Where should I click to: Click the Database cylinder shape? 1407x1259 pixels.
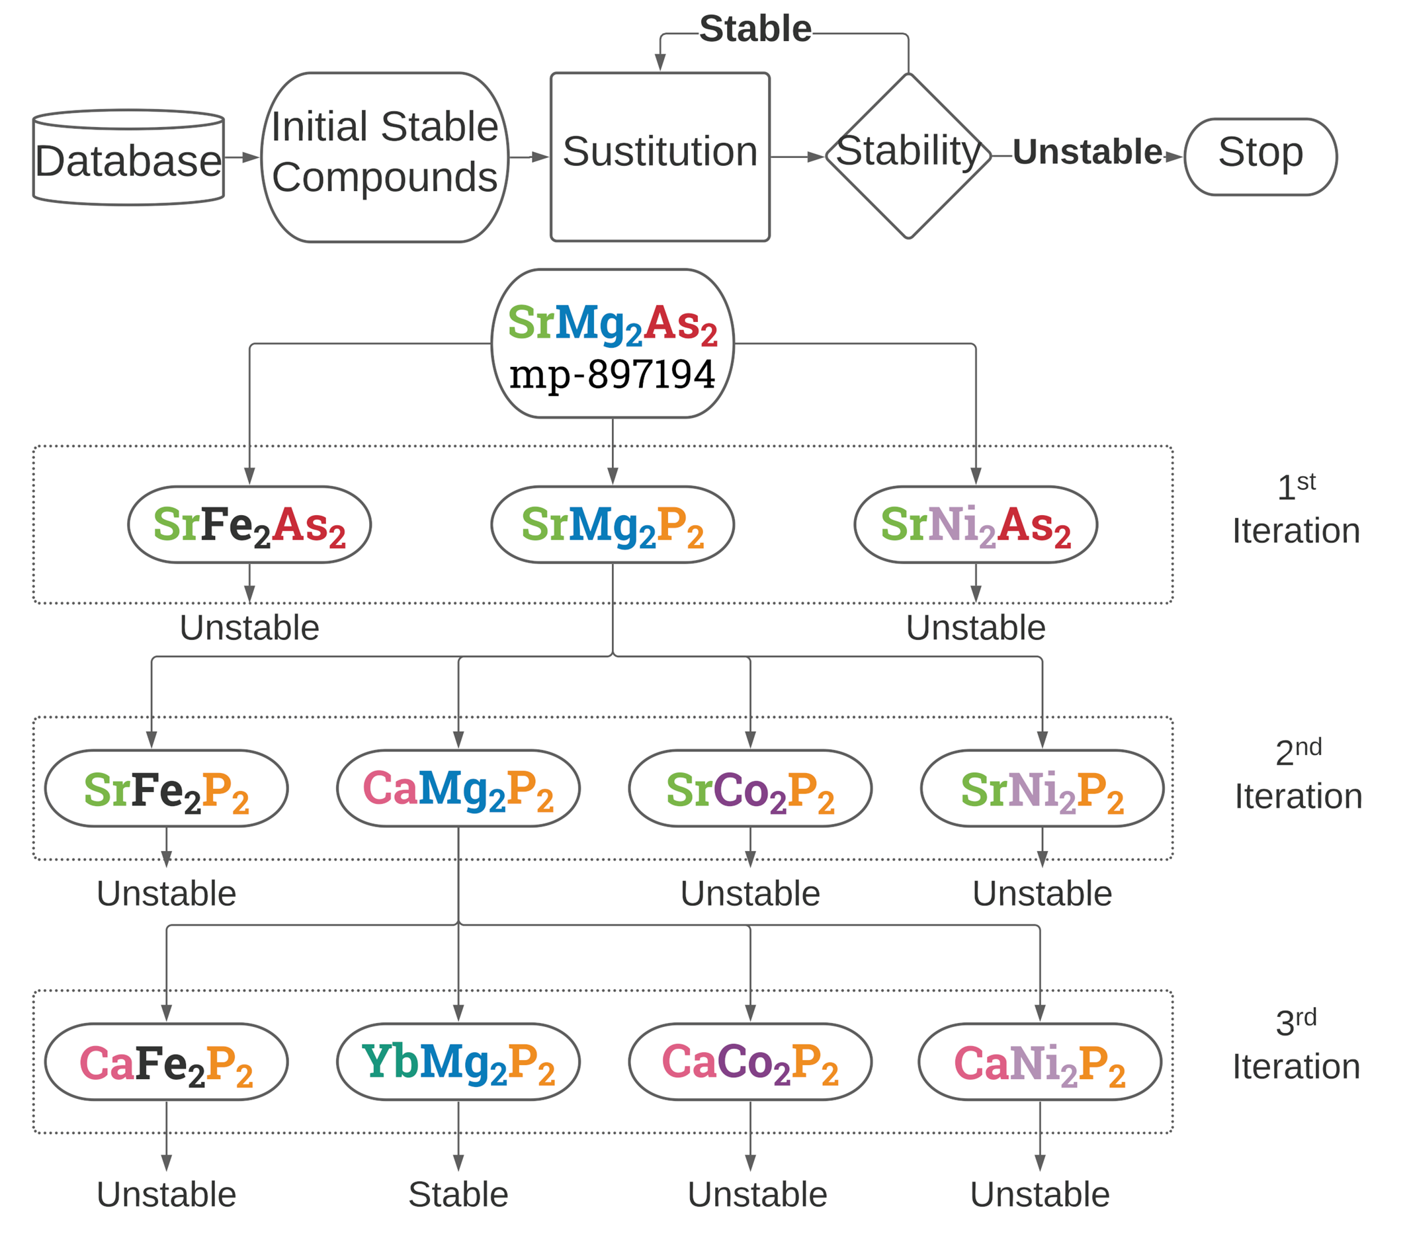(x=128, y=159)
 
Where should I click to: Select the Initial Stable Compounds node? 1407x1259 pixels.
(x=384, y=158)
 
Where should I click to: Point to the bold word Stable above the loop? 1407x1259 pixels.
(x=755, y=29)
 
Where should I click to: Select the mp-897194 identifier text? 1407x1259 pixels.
(x=612, y=375)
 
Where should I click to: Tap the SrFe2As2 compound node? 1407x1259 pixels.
(x=249, y=525)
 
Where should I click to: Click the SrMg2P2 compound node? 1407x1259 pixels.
(x=612, y=525)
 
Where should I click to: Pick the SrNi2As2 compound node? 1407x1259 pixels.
(x=975, y=525)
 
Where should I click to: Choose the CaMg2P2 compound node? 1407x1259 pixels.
(x=458, y=789)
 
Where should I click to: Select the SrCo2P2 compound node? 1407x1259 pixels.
(x=749, y=789)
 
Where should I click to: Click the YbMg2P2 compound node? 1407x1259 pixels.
(x=458, y=1062)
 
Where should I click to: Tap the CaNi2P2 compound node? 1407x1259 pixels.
(x=1039, y=1062)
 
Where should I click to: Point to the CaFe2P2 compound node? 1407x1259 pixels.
(x=166, y=1062)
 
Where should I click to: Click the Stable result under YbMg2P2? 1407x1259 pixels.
(x=458, y=1195)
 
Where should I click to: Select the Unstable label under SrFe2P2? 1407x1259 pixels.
(x=166, y=894)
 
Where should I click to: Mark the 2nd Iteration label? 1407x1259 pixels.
(x=1298, y=775)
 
